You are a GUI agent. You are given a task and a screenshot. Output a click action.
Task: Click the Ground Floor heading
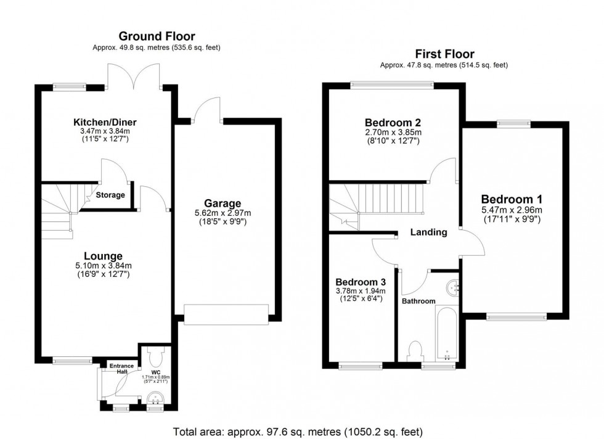[157, 36]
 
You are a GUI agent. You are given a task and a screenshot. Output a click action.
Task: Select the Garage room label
[223, 203]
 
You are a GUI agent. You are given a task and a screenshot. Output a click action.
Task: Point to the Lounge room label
[104, 256]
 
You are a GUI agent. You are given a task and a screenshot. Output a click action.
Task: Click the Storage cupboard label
[110, 195]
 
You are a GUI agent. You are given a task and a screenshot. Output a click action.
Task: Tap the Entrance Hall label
[122, 369]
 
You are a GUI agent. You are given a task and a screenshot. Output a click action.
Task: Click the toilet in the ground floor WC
[155, 356]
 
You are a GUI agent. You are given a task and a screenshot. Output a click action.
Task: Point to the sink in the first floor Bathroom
[453, 286]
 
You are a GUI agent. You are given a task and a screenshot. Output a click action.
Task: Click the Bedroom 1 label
[512, 199]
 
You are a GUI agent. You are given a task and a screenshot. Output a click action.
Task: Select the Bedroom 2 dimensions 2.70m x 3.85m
[392, 132]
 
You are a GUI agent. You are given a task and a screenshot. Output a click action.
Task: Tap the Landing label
[429, 232]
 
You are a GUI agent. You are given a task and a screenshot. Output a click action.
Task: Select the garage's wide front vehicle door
[226, 314]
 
